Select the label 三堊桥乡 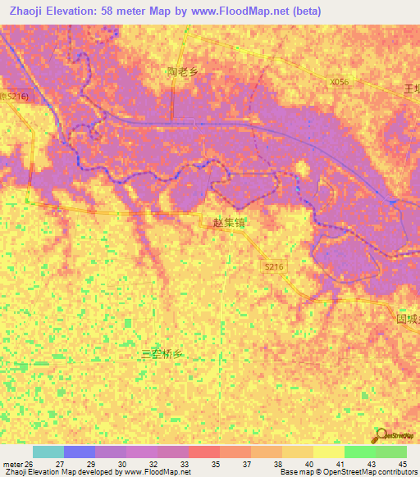point(161,354)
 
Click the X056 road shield point(339,82)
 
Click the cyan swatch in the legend point(48,452)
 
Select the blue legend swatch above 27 point(80,452)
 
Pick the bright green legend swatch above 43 point(360,452)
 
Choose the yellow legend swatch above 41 point(329,452)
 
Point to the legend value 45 point(402,463)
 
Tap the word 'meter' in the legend point(12,463)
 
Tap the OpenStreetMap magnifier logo point(381,434)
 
